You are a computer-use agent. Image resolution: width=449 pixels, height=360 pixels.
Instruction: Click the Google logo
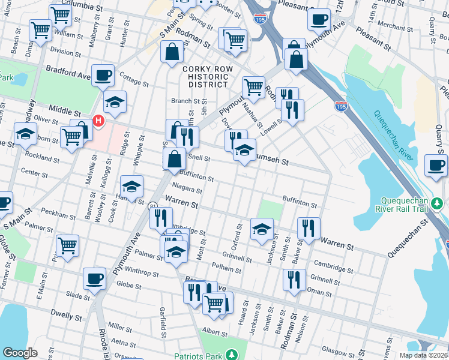[x=20, y=353]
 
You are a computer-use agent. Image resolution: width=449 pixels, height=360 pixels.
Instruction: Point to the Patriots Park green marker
[x=229, y=353]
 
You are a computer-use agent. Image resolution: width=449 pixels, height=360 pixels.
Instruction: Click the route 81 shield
[x=154, y=206]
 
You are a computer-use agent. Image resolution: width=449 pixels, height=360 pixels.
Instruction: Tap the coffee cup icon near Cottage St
[x=103, y=74]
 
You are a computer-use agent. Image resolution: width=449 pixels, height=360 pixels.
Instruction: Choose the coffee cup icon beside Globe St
[x=95, y=278]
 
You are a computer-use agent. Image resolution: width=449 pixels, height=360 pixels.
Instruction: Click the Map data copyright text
[x=424, y=355]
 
